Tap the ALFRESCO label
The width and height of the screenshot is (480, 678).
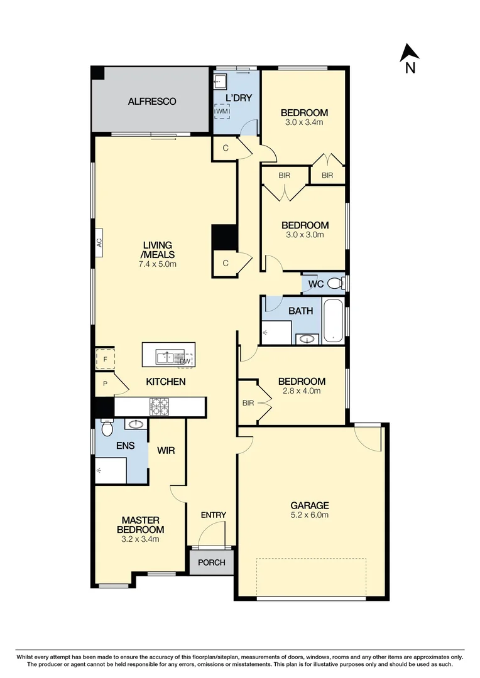coord(152,101)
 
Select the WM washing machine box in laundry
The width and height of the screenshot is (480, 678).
coord(222,111)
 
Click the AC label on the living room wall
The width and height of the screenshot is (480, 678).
coord(99,244)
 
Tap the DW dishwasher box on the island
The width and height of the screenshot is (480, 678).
coord(185,360)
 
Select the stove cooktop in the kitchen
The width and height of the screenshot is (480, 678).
coord(160,407)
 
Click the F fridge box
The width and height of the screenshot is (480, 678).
coord(105,360)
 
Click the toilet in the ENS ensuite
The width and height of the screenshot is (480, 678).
coord(106,428)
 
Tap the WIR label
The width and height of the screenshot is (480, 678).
coord(166,450)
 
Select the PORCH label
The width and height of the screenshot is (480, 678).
coord(212,562)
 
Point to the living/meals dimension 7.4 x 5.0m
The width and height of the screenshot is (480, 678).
coord(158,264)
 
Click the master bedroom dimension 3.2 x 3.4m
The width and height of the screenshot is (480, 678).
coord(140,539)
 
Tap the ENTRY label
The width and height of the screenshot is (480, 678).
coord(213,515)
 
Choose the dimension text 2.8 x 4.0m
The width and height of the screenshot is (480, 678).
coord(302,390)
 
